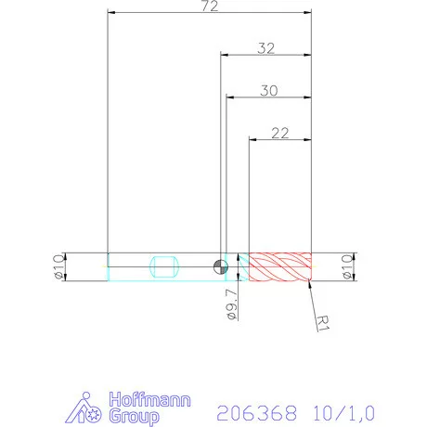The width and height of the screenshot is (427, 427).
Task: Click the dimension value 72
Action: pos(210,7)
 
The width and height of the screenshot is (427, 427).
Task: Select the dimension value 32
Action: pos(265,48)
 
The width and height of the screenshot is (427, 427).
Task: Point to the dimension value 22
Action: pos(280,133)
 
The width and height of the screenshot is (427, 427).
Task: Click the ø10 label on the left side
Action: pos(57,266)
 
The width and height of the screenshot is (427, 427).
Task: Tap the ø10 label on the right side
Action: pos(349,266)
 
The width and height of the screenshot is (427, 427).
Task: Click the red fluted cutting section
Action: pos(279,266)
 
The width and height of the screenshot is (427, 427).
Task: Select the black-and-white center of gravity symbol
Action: pos(219,267)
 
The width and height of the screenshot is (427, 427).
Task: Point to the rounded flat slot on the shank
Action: pos(163,266)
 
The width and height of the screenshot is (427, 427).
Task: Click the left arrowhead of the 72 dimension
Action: pos(111,13)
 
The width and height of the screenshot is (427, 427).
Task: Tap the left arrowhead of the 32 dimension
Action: pos(224,55)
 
